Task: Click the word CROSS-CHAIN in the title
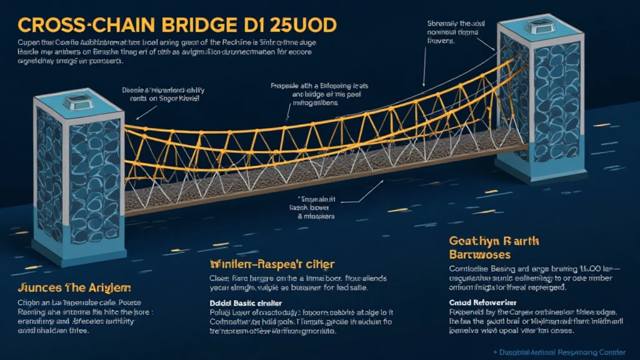pos(82,25)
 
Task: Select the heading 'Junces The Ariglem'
pos(75,288)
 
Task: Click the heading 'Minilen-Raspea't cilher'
pos(272,264)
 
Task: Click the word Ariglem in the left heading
pos(109,288)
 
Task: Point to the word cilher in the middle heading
pos(318,264)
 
